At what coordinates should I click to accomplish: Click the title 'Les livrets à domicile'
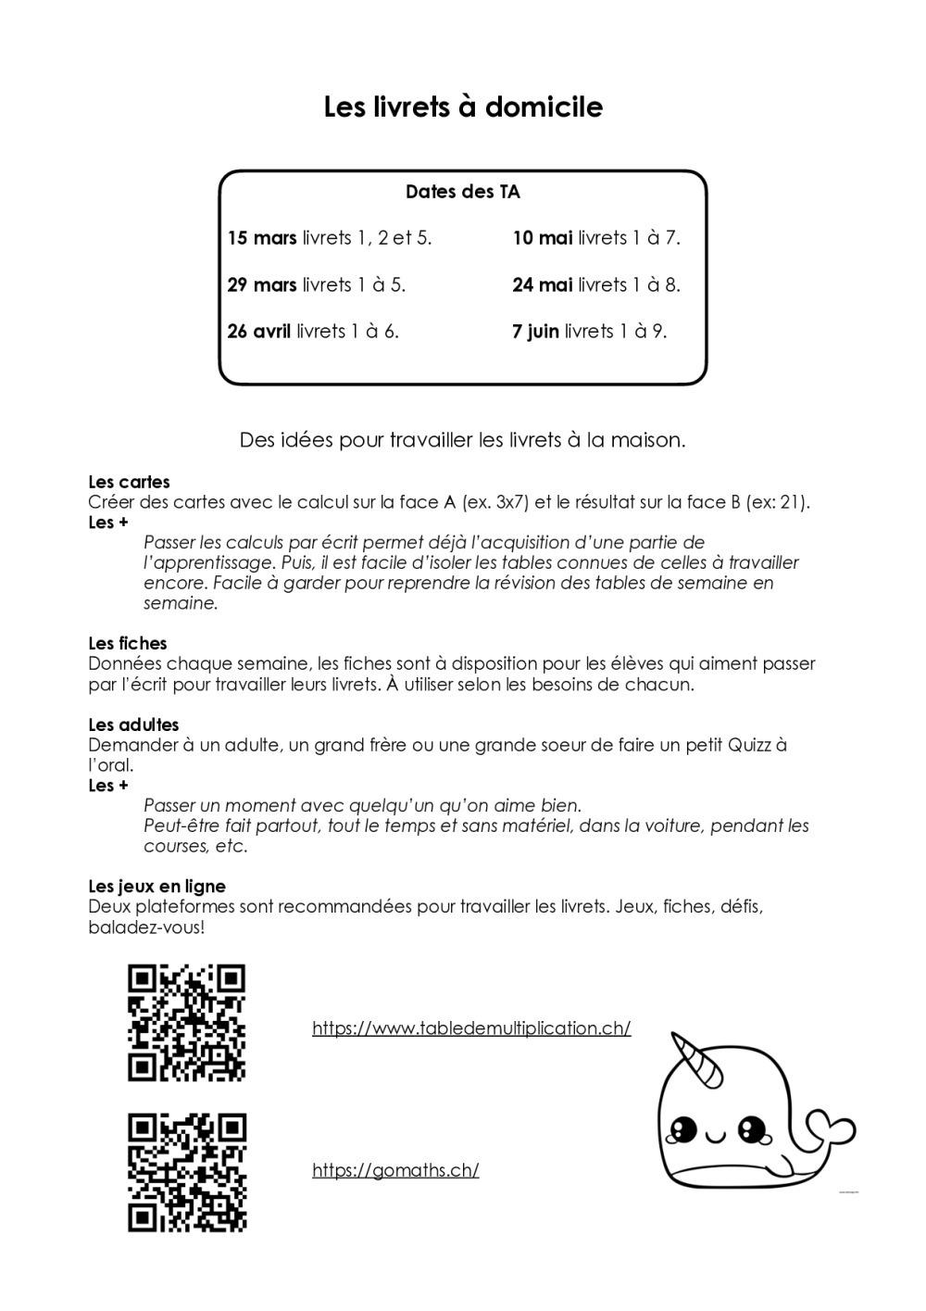pos(463,107)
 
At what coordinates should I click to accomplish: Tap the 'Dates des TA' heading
pos(463,192)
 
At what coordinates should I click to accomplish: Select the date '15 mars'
pos(262,238)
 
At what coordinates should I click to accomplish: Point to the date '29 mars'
pos(262,284)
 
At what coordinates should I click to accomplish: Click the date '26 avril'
pos(259,331)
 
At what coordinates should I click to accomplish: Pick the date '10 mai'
pos(543,238)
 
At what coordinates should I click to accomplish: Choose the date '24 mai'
pos(543,284)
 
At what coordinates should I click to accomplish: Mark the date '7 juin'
pos(535,331)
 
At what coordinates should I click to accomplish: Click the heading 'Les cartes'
pos(129,482)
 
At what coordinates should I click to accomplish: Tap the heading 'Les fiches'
pos(128,643)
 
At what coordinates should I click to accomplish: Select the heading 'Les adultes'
pos(133,725)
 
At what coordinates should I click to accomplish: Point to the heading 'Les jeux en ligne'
pos(156,887)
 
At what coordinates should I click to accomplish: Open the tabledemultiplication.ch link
pos(471,1028)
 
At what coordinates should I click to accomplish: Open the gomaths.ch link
pos(395,1170)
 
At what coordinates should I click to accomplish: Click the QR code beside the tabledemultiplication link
pos(186,1023)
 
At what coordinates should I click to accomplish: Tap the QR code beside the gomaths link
pos(186,1172)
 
